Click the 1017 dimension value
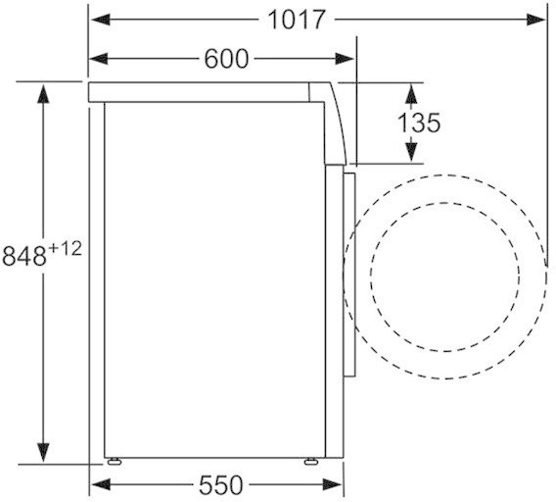pyautogui.click(x=297, y=20)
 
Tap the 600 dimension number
pyautogui.click(x=226, y=59)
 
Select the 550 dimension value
pyautogui.click(x=221, y=485)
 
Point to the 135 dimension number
pyautogui.click(x=419, y=123)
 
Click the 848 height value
pyautogui.click(x=24, y=256)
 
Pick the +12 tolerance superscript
pyautogui.click(x=65, y=248)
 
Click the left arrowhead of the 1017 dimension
pyautogui.click(x=101, y=20)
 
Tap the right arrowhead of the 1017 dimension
pyautogui.click(x=536, y=20)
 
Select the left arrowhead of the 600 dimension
pyautogui.click(x=98, y=59)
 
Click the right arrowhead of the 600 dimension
pyautogui.click(x=345, y=59)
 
